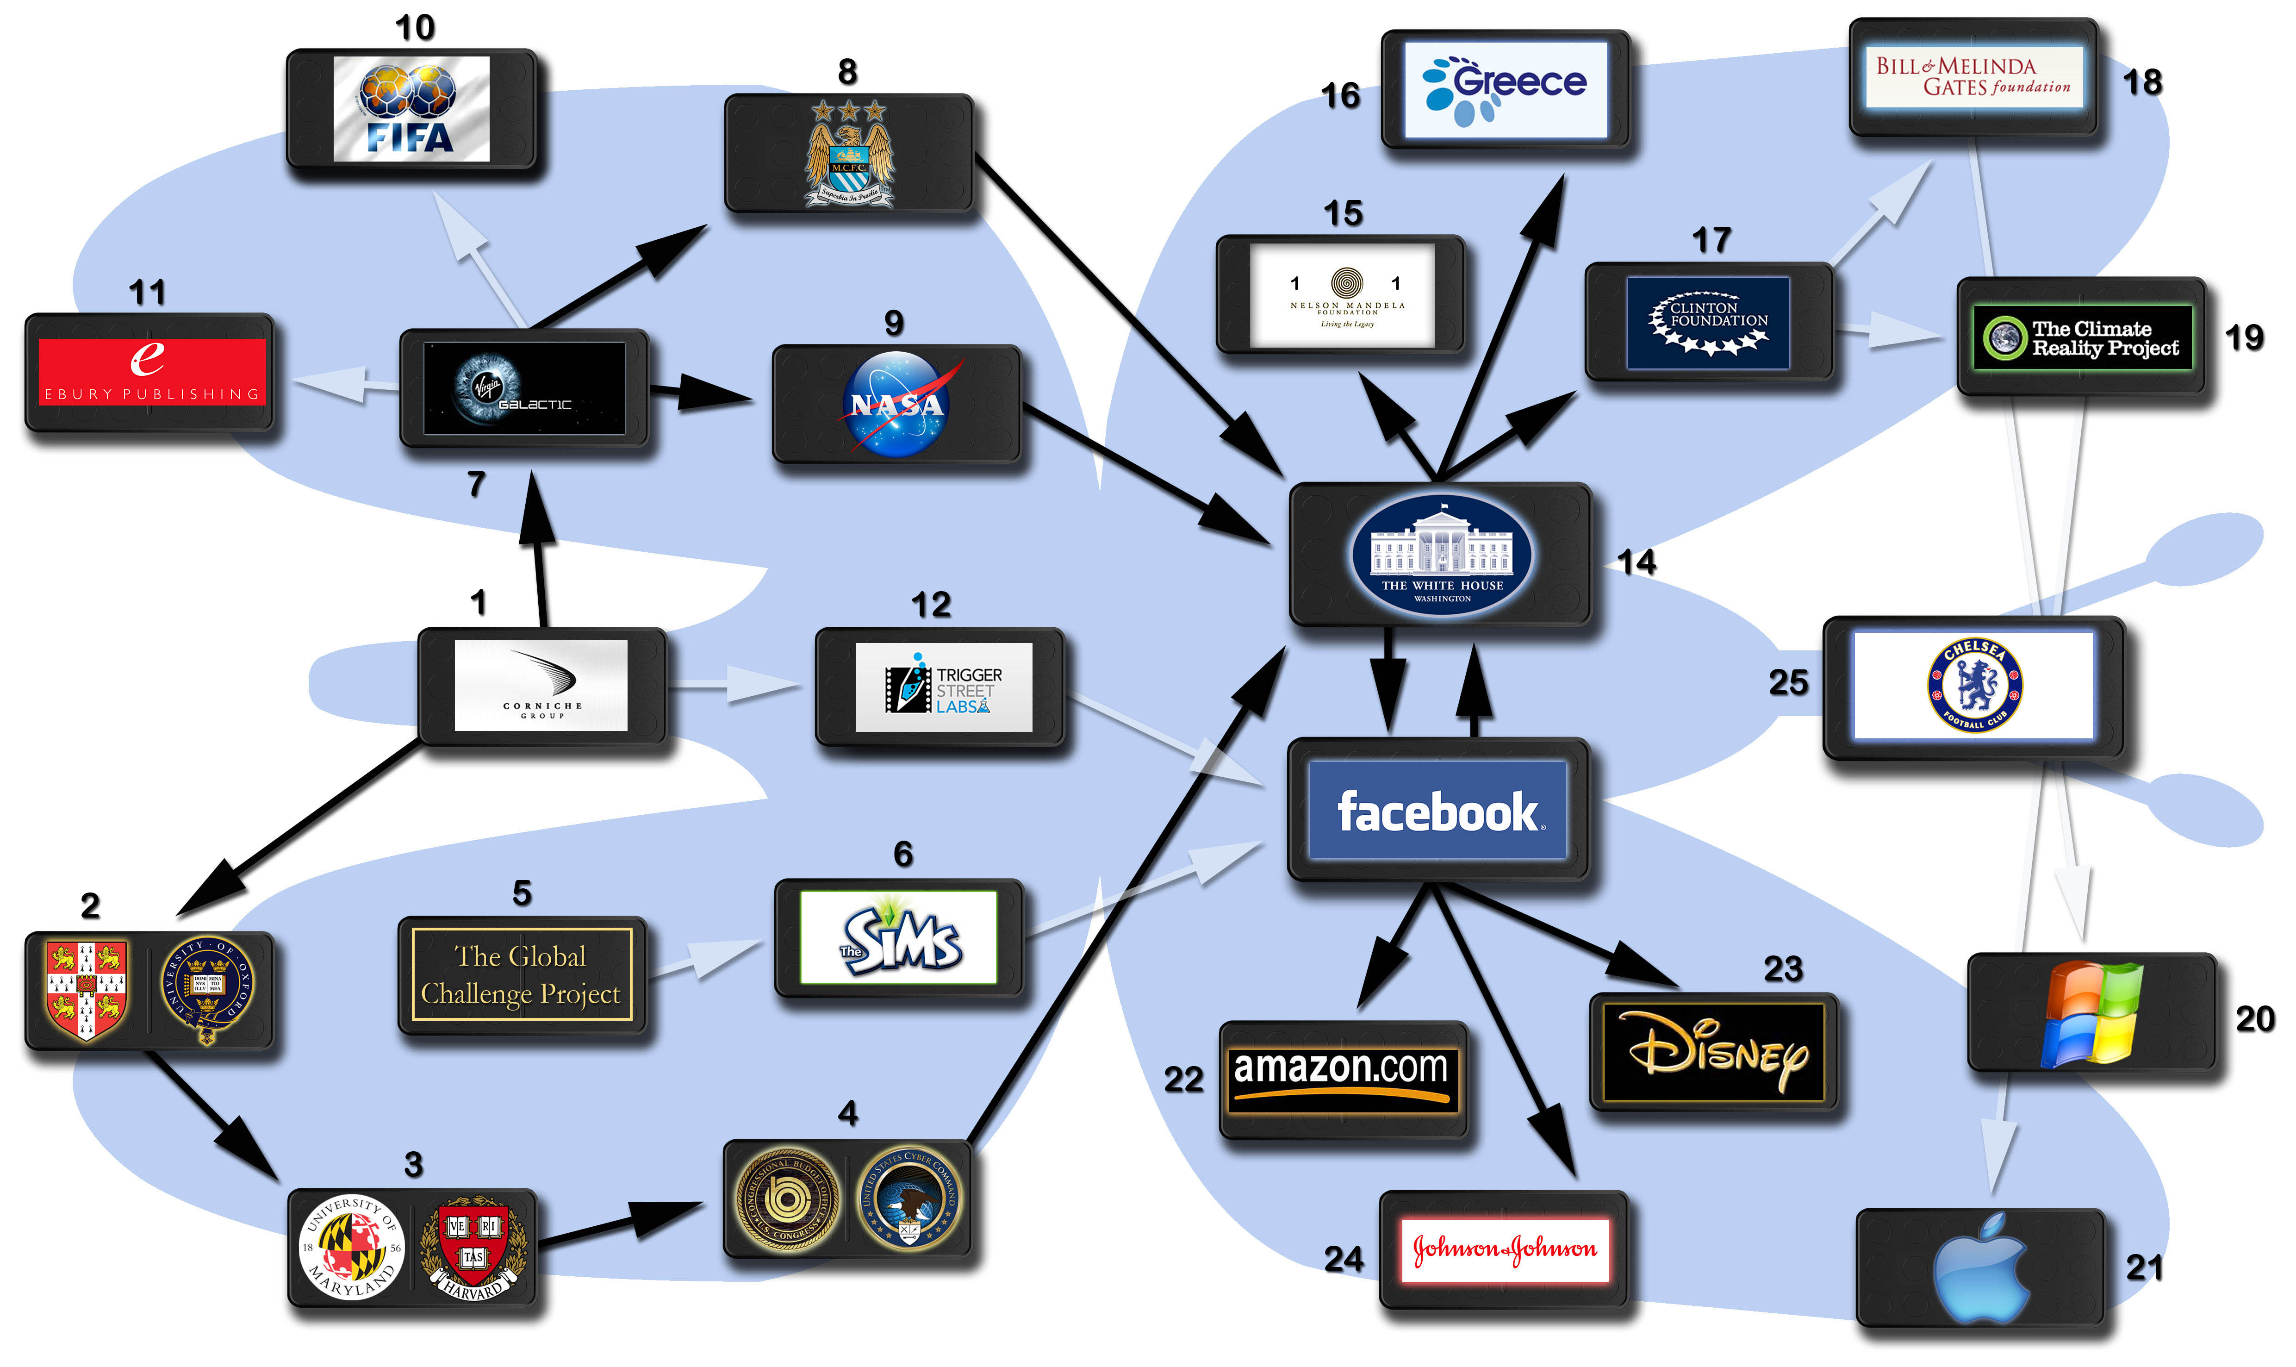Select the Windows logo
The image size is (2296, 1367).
[x=2091, y=1013]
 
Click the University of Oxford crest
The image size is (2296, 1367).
[x=207, y=990]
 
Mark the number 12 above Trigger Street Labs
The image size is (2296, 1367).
[x=930, y=605]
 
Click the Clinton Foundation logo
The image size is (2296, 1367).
[x=1707, y=322]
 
